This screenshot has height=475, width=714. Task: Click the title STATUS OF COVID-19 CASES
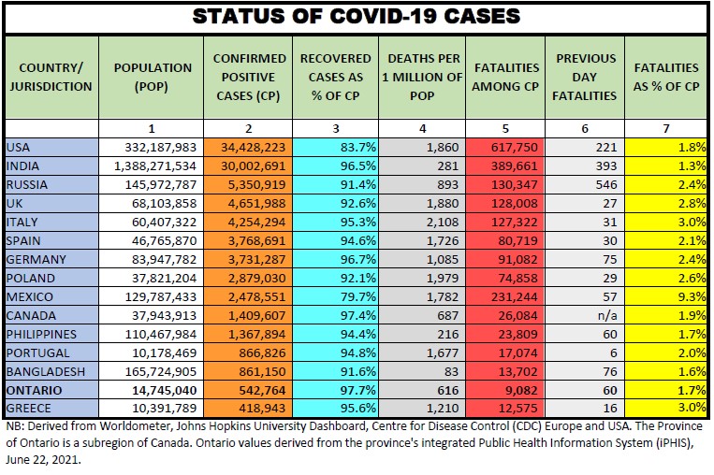tap(357, 17)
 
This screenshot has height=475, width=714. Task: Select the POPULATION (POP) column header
tap(153, 76)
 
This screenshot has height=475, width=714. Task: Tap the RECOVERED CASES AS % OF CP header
tap(335, 76)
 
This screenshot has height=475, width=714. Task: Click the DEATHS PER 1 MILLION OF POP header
tap(422, 76)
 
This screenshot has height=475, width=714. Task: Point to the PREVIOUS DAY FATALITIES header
tap(586, 76)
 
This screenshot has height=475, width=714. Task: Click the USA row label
tap(19, 147)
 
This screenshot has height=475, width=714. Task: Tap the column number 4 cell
tap(422, 128)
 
